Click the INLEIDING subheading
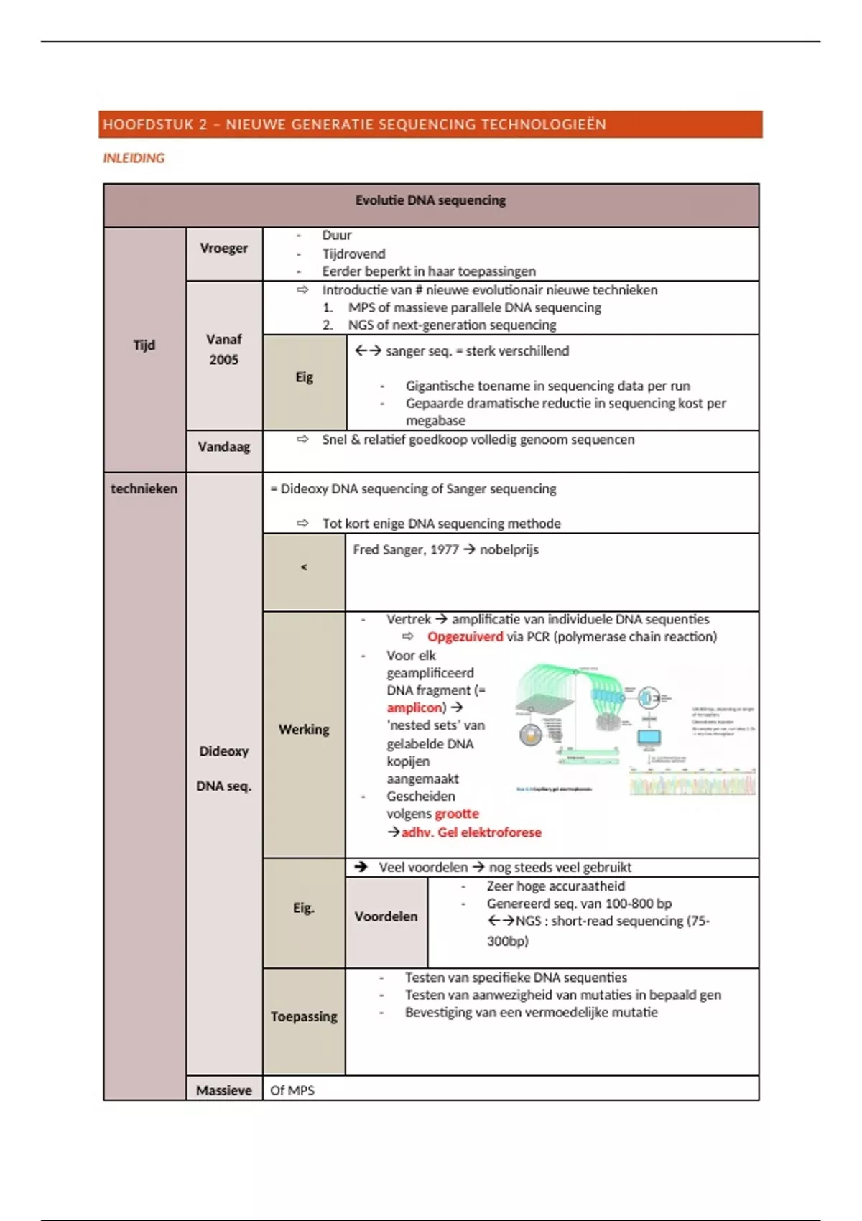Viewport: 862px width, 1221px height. click(134, 158)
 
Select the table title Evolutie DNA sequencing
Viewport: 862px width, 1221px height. click(430, 200)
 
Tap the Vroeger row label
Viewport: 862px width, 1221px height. click(223, 248)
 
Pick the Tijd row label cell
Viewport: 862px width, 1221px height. click(144, 345)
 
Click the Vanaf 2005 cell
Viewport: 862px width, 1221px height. click(223, 349)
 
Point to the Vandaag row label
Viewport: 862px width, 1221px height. click(223, 447)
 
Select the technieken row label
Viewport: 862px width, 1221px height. click(144, 488)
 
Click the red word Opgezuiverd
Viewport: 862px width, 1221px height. click(465, 637)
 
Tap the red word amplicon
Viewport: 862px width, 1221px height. click(414, 707)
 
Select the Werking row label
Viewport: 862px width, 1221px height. click(303, 730)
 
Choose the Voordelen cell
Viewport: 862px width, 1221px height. click(386, 916)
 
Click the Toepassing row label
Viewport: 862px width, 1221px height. click(303, 1017)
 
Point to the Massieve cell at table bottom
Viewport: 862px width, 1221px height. click(223, 1090)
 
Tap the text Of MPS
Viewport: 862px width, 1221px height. click(292, 1090)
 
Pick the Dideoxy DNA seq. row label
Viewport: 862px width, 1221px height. click(223, 769)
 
